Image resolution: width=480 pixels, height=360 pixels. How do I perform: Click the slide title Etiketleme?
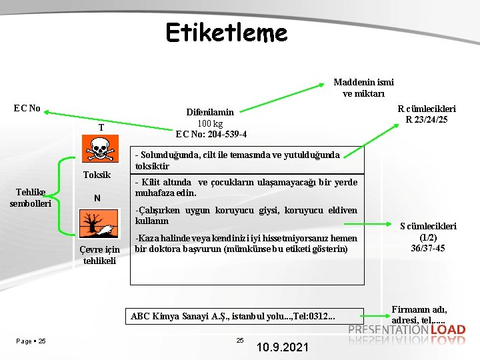pos(227,32)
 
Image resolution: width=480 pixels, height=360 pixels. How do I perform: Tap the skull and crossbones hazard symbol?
pos(97,149)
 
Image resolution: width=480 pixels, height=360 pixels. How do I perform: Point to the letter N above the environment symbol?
pos(97,198)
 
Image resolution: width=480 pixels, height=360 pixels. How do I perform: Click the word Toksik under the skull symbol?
pos(97,175)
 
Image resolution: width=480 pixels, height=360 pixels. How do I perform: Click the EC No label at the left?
pos(27,108)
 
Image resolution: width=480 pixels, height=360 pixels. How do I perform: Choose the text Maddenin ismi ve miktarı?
pos(363,87)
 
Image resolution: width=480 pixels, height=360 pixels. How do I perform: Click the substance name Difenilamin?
pos(210,113)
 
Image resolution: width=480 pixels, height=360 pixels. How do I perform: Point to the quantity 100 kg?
pos(210,123)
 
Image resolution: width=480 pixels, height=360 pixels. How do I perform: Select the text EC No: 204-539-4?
pos(211,134)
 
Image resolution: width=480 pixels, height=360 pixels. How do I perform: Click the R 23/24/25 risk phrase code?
pos(427,120)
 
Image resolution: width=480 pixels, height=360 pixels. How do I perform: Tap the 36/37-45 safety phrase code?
pos(427,248)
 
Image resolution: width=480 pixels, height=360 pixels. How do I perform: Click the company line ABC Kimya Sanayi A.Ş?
pos(233,316)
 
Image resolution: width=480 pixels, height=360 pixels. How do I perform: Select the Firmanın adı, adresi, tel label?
pos(419,315)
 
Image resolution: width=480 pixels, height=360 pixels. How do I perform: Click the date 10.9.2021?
pos(282,347)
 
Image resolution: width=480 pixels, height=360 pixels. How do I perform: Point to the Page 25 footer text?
pos(31,341)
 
